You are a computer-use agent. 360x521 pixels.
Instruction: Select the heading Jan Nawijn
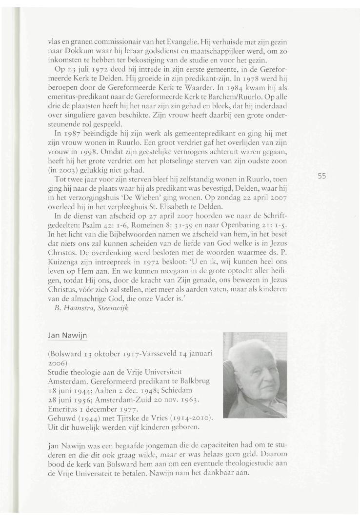coord(66,336)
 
